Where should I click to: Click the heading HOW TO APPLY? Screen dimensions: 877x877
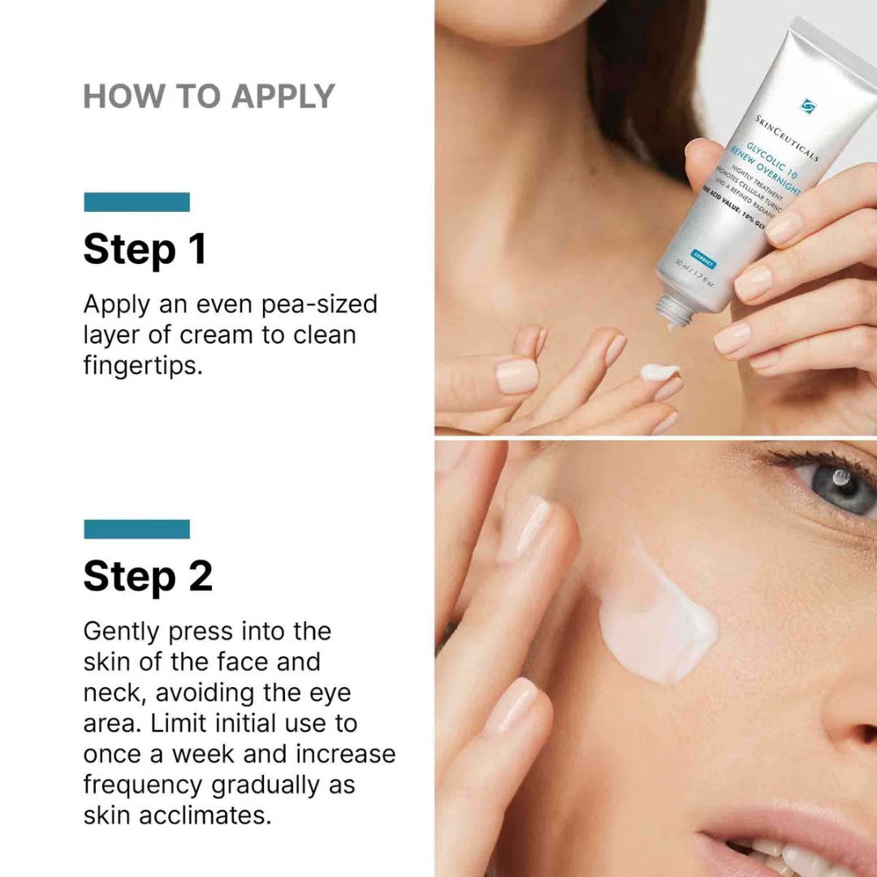click(209, 97)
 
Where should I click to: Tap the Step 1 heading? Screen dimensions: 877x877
click(145, 249)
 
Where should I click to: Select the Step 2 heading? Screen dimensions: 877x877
click(148, 576)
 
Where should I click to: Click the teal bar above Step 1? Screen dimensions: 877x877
click(136, 202)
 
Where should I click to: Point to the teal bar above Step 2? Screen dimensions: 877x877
click(136, 529)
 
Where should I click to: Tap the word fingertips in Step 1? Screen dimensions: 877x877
click(141, 365)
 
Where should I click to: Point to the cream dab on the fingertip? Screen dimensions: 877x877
click(659, 372)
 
